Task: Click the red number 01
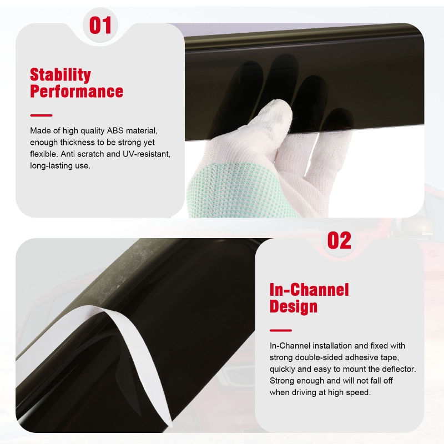(100, 25)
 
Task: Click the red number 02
(339, 240)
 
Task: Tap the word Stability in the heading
(60, 75)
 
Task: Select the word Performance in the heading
(77, 91)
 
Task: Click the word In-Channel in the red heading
(309, 290)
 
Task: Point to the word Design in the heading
(294, 306)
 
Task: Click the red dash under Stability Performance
(41, 115)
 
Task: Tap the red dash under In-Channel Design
(281, 330)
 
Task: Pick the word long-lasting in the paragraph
(51, 165)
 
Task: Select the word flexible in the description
(43, 154)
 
